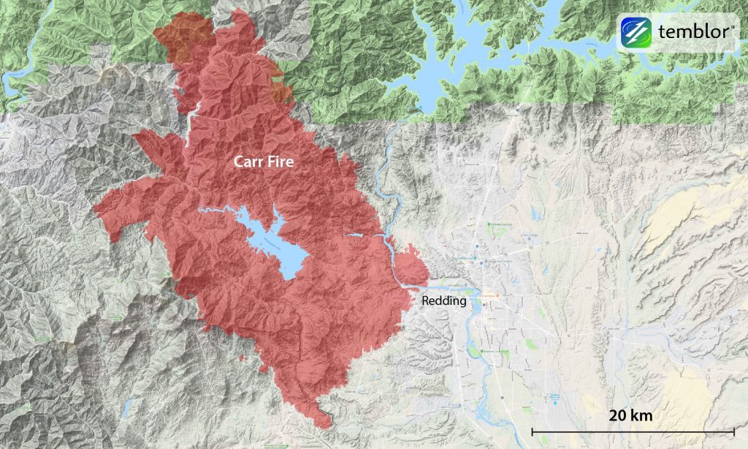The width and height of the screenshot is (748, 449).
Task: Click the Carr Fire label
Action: click(264, 162)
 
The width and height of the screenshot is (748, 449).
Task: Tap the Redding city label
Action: click(443, 300)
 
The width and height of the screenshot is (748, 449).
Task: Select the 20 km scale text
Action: click(631, 415)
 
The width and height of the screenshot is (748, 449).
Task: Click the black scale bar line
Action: click(633, 431)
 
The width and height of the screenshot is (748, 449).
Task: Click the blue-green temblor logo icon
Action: click(636, 32)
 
